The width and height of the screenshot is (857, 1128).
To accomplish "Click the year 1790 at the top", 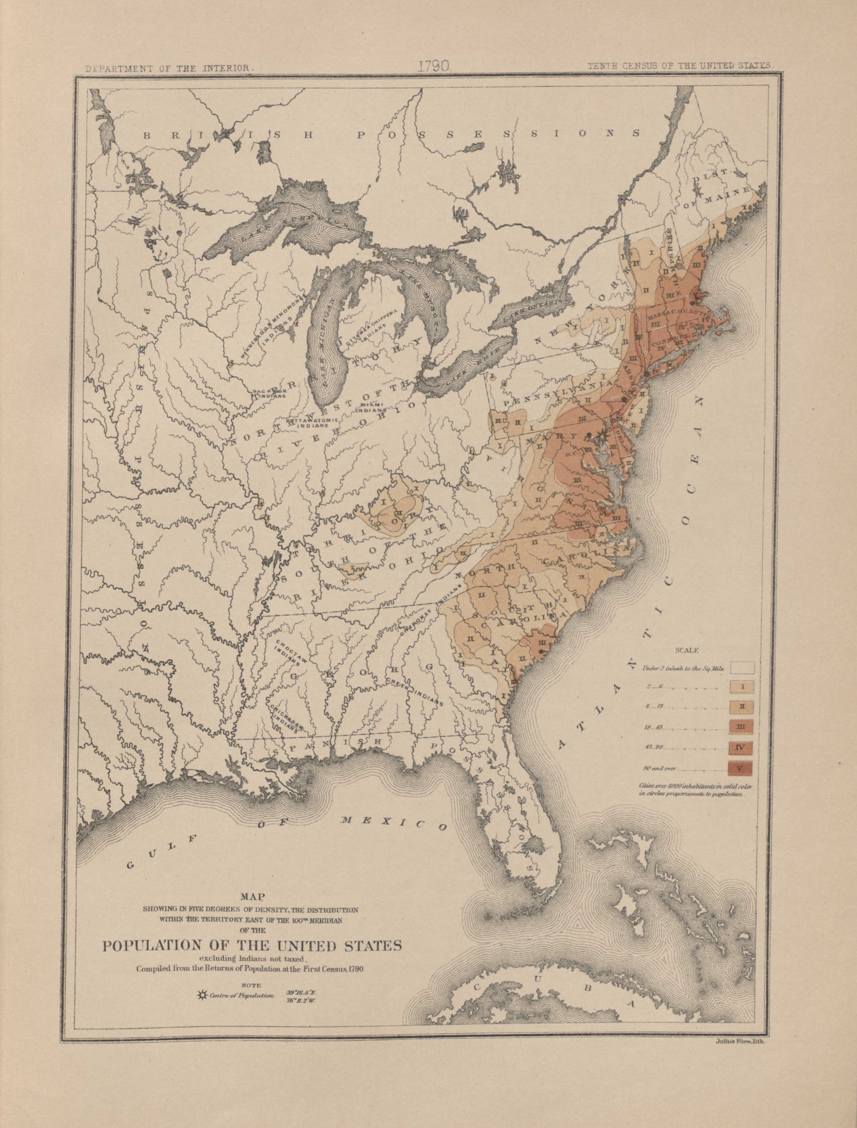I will (433, 66).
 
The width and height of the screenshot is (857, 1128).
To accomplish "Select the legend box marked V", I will (743, 768).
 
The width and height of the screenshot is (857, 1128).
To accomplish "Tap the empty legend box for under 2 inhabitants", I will (743, 667).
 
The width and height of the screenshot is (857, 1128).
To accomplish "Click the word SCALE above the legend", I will (686, 651).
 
